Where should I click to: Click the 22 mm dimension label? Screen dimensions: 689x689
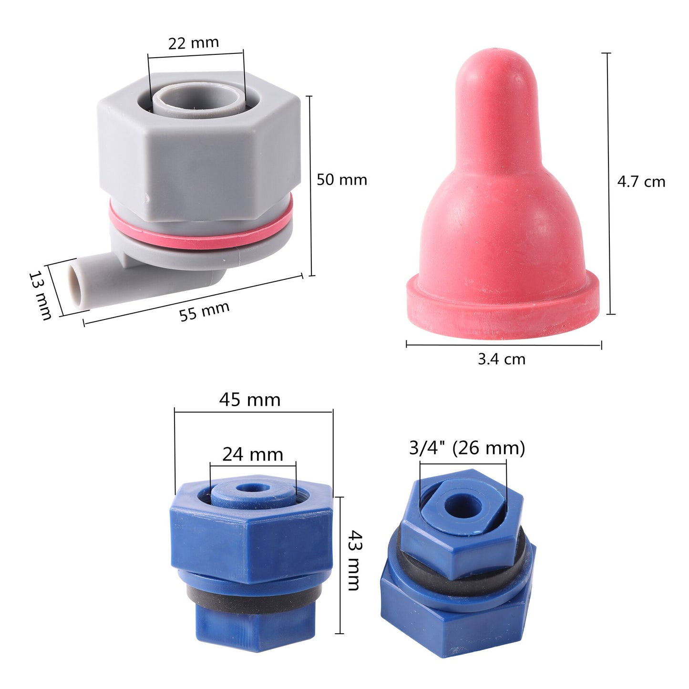tap(193, 43)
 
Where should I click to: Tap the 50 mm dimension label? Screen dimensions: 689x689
tap(342, 180)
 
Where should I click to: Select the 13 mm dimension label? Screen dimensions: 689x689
tap(40, 296)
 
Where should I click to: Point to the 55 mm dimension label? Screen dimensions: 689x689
tap(204, 311)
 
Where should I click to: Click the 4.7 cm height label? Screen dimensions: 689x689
tap(641, 182)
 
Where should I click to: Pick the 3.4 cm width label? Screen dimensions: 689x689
tap(502, 359)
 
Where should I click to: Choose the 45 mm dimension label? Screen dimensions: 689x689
tap(250, 400)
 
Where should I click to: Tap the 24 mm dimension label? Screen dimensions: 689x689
tap(253, 454)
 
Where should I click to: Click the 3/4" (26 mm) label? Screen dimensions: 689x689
tap(467, 448)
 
